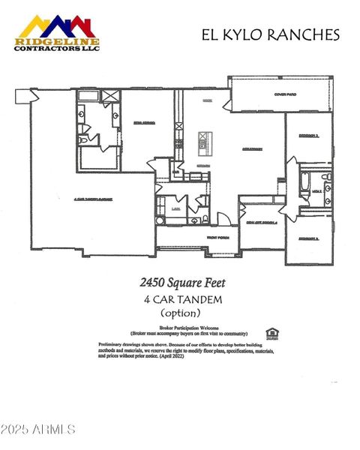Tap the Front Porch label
click(197, 238)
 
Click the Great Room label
click(251, 149)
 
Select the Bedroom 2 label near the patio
click(307, 136)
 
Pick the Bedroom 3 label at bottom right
click(307, 238)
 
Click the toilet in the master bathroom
click(84, 139)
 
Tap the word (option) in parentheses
click(181, 312)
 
